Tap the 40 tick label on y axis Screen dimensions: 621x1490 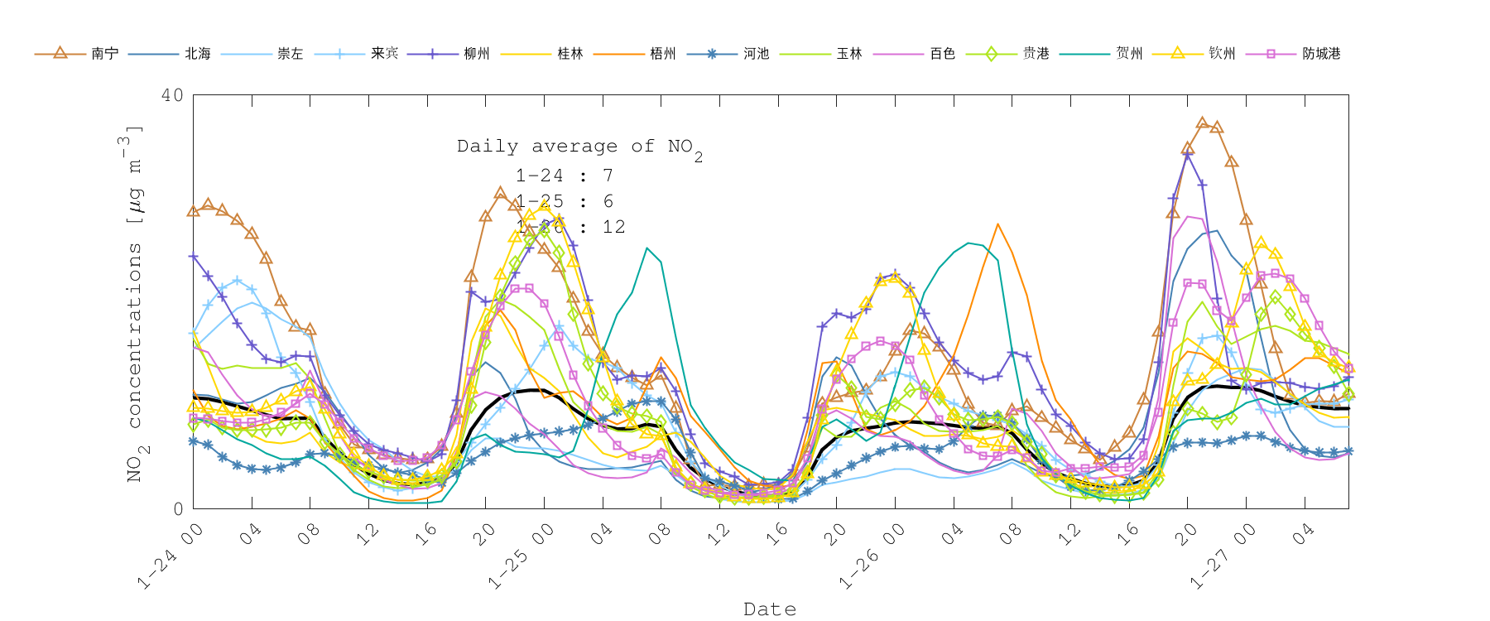pos(172,95)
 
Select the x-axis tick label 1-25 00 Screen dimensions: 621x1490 pos(521,556)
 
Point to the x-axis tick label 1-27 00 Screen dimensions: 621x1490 pos(1223,556)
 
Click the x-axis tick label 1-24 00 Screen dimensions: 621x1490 pos(170,556)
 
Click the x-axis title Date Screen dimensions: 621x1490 pos(770,609)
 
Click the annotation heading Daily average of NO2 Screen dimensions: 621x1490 pos(579,147)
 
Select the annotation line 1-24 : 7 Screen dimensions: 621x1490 pos(564,176)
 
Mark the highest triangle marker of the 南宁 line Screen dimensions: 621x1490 pos(1202,123)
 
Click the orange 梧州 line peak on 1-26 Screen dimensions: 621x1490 pos(997,224)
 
